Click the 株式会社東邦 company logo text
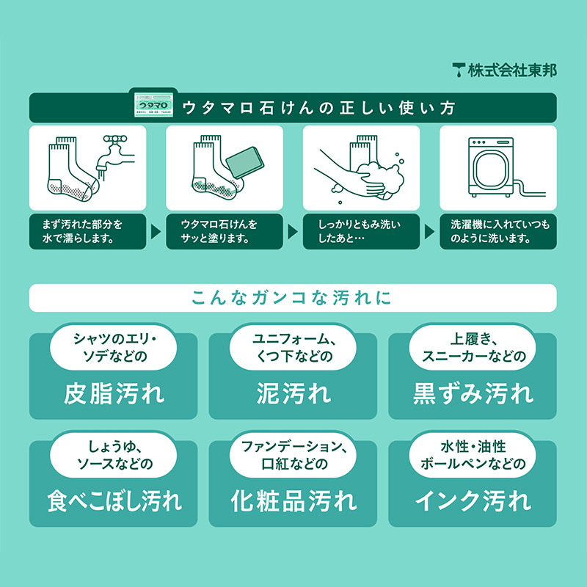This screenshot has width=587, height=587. (505, 70)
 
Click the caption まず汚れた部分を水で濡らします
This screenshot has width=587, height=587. (87, 230)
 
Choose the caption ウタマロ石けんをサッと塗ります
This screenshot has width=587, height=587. (224, 230)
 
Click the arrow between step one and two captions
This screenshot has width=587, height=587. (155, 231)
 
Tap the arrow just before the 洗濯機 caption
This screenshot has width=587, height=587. (429, 231)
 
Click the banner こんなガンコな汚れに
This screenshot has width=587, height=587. (293, 298)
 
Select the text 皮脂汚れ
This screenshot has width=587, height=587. (114, 393)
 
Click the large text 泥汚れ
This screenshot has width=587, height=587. (293, 393)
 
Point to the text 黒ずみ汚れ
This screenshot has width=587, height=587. (473, 393)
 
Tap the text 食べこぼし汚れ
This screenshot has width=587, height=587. (114, 501)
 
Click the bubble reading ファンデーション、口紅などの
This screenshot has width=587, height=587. (293, 455)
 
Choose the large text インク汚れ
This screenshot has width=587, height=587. (473, 501)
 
